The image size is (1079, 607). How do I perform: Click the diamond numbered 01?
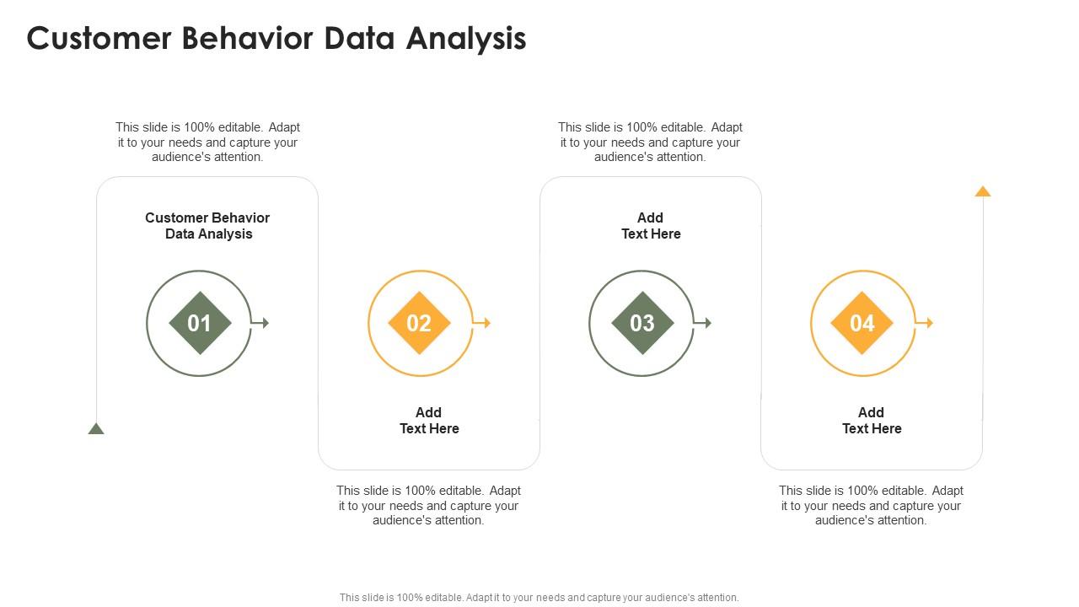(200, 323)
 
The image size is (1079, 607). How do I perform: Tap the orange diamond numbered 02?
(420, 323)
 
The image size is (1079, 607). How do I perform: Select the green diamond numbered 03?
(642, 323)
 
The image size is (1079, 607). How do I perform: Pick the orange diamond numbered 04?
(862, 323)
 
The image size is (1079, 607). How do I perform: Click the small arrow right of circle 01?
(262, 323)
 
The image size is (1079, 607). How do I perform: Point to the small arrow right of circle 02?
(484, 323)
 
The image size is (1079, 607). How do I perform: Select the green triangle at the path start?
(96, 429)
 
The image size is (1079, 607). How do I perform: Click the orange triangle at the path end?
(983, 191)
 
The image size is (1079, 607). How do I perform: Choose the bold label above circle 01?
(208, 226)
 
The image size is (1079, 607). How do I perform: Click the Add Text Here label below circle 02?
(429, 421)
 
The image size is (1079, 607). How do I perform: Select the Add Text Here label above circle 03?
(651, 226)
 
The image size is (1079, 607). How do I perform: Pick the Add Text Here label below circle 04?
(872, 421)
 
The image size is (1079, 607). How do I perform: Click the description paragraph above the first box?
(208, 142)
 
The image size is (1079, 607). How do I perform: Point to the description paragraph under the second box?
(429, 505)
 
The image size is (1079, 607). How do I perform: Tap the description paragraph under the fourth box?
(872, 505)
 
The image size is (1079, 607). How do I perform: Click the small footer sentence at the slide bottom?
(539, 598)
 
